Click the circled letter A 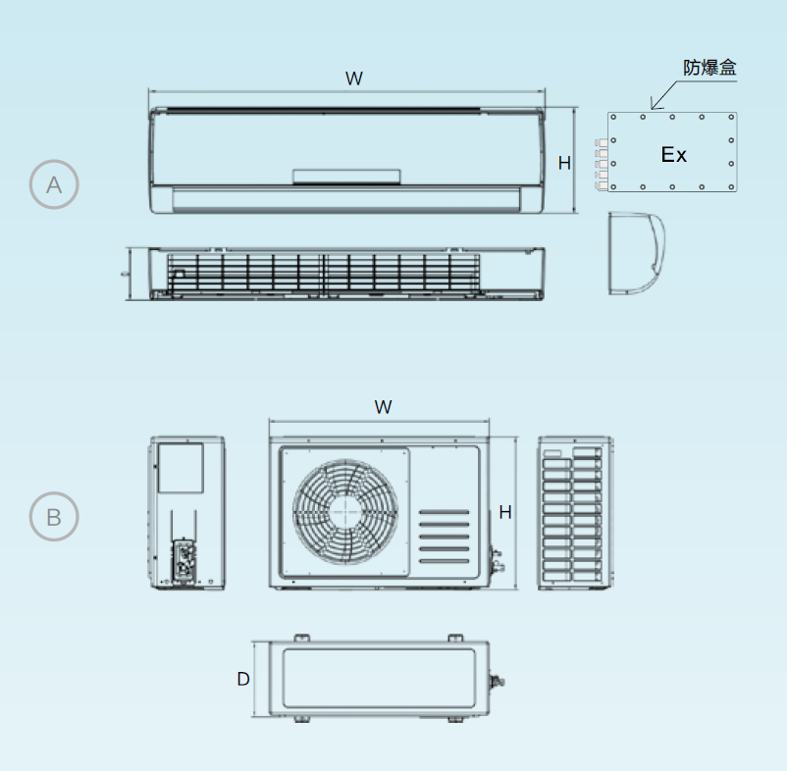click(x=54, y=184)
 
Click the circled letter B click(x=54, y=517)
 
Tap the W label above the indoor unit click(x=354, y=78)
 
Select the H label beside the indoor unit click(x=564, y=163)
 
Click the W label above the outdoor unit click(x=383, y=407)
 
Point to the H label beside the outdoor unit click(x=505, y=512)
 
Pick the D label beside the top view click(x=243, y=679)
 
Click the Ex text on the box click(x=673, y=155)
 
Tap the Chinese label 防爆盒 click(x=709, y=68)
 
